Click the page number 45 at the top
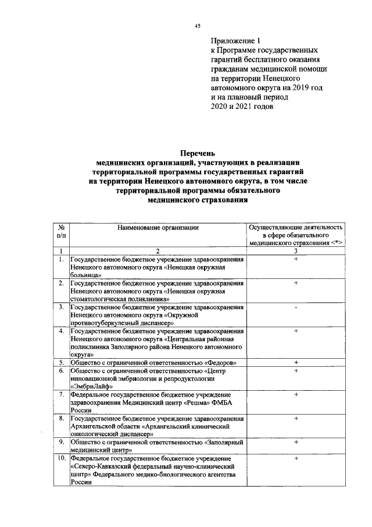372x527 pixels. pyautogui.click(x=197, y=26)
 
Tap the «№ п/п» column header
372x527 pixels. pyautogui.click(x=61, y=232)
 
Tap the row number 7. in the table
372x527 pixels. pyautogui.click(x=61, y=394)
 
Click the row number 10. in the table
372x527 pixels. pyautogui.click(x=61, y=459)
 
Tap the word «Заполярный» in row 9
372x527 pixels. pyautogui.click(x=224, y=443)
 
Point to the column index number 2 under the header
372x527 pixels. pyautogui.click(x=156, y=250)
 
